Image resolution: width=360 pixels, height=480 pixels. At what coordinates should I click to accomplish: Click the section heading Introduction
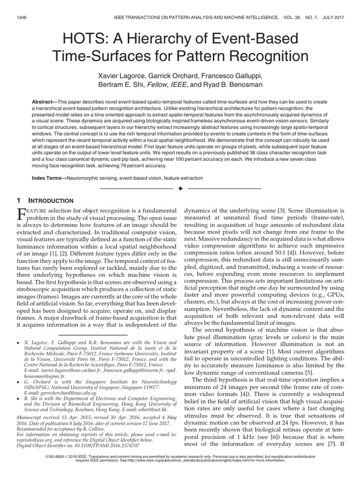coord(50,201)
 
